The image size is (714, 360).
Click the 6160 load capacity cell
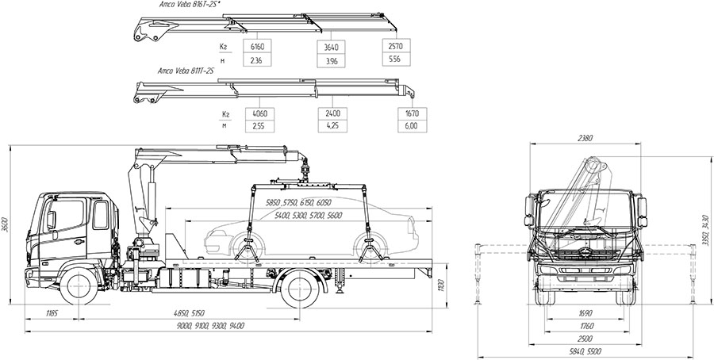coord(255,45)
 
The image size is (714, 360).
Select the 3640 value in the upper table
coord(327,45)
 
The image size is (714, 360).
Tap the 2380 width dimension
coord(585,138)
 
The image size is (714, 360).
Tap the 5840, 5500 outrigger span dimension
coord(585,350)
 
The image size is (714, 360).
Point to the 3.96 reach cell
coord(327,59)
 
